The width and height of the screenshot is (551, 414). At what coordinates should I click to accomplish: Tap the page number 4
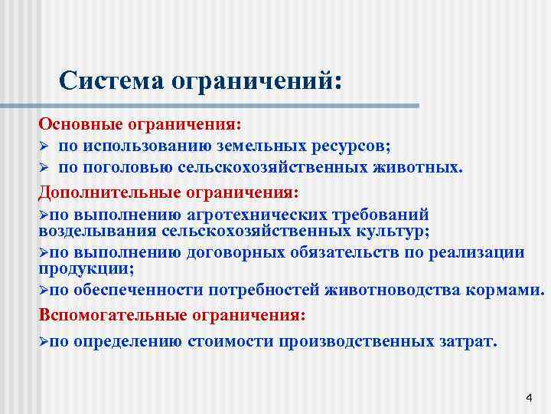pos(528,397)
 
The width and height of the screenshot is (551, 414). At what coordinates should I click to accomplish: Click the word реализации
pos(482,253)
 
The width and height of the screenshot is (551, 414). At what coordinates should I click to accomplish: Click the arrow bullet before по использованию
pos(44,146)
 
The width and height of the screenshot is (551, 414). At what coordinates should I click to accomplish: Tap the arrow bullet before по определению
pos(44,342)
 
